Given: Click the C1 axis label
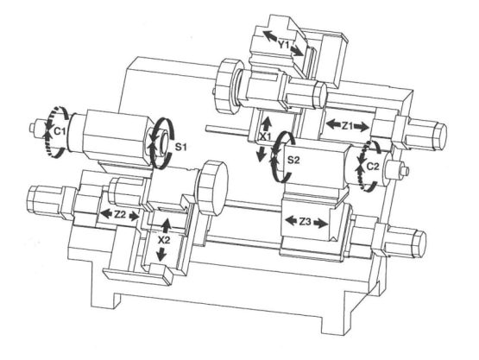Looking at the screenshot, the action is [x=60, y=131].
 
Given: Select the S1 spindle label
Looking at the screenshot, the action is [x=180, y=147].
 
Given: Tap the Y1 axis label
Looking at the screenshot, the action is [x=283, y=45].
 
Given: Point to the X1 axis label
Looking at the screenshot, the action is [x=265, y=137].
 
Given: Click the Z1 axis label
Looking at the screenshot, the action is [x=347, y=125].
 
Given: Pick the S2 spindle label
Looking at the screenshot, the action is [x=293, y=160].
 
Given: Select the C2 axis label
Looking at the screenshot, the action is [x=372, y=167].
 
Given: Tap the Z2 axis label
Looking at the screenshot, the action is [x=120, y=215].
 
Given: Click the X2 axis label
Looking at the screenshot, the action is [x=164, y=240].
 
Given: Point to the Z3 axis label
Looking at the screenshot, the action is [x=305, y=222].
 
